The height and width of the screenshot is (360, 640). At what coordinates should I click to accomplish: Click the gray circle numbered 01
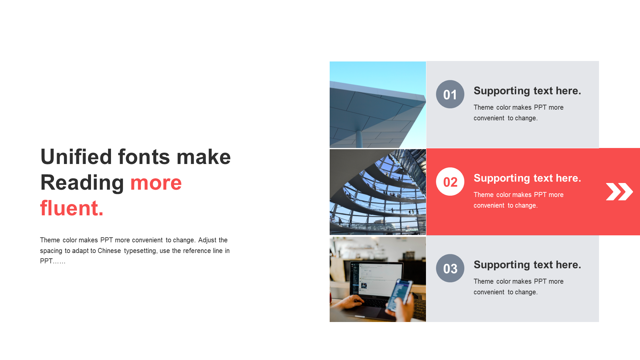click(x=450, y=94)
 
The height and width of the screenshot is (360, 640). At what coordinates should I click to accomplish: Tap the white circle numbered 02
click(x=450, y=181)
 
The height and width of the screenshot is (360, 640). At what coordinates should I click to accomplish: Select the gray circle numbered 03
click(x=450, y=268)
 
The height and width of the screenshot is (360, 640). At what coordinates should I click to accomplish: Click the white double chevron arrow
click(x=619, y=192)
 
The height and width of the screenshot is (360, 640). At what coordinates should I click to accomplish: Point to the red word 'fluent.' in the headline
click(x=72, y=208)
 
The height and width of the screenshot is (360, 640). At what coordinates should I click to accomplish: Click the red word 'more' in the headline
click(x=156, y=183)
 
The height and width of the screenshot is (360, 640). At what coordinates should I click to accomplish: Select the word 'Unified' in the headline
click(x=76, y=157)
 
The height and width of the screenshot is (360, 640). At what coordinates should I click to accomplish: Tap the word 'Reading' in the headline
click(x=82, y=183)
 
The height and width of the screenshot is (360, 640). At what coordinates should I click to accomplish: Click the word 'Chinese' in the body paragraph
click(x=109, y=251)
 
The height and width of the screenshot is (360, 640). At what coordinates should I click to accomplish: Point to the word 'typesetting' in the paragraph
click(x=140, y=251)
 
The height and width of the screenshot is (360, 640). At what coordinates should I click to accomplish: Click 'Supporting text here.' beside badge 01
click(x=527, y=91)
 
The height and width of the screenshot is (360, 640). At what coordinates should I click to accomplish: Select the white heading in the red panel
click(x=527, y=178)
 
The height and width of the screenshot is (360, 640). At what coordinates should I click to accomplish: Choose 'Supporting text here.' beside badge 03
click(x=527, y=265)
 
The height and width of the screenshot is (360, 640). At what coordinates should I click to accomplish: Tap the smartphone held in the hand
click(x=399, y=295)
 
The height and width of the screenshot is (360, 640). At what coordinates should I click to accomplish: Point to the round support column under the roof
click(x=359, y=139)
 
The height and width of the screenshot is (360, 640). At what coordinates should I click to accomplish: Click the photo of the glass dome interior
click(x=378, y=192)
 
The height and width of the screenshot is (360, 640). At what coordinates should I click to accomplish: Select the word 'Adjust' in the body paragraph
click(x=207, y=240)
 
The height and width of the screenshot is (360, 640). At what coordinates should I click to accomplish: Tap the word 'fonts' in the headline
click(x=144, y=157)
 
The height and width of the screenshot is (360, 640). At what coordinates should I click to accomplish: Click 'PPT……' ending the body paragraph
click(x=53, y=261)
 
